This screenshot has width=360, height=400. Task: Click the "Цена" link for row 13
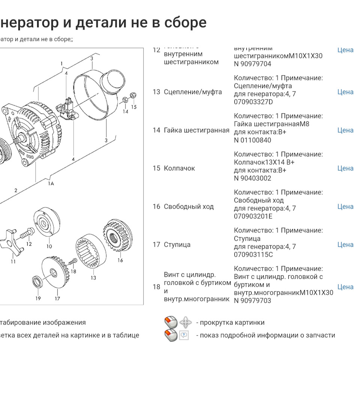[x=345, y=92]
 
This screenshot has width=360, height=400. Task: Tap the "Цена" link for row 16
[x=345, y=206]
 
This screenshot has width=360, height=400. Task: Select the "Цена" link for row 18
[x=345, y=287]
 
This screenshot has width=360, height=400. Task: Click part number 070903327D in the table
[x=253, y=102]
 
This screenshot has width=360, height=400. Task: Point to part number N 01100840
[x=252, y=140]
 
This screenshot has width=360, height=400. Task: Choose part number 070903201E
[x=253, y=217]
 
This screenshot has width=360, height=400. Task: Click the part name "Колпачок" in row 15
[x=179, y=168]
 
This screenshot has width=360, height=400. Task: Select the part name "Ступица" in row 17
[x=177, y=245]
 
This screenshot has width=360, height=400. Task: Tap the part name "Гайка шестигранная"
[x=196, y=130]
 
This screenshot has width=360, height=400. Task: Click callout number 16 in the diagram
[x=120, y=260]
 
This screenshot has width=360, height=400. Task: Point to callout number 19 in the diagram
[x=38, y=299]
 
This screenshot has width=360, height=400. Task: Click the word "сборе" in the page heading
[x=186, y=23]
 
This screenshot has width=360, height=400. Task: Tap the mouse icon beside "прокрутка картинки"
[x=171, y=323]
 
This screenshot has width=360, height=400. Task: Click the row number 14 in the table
[x=156, y=130]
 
